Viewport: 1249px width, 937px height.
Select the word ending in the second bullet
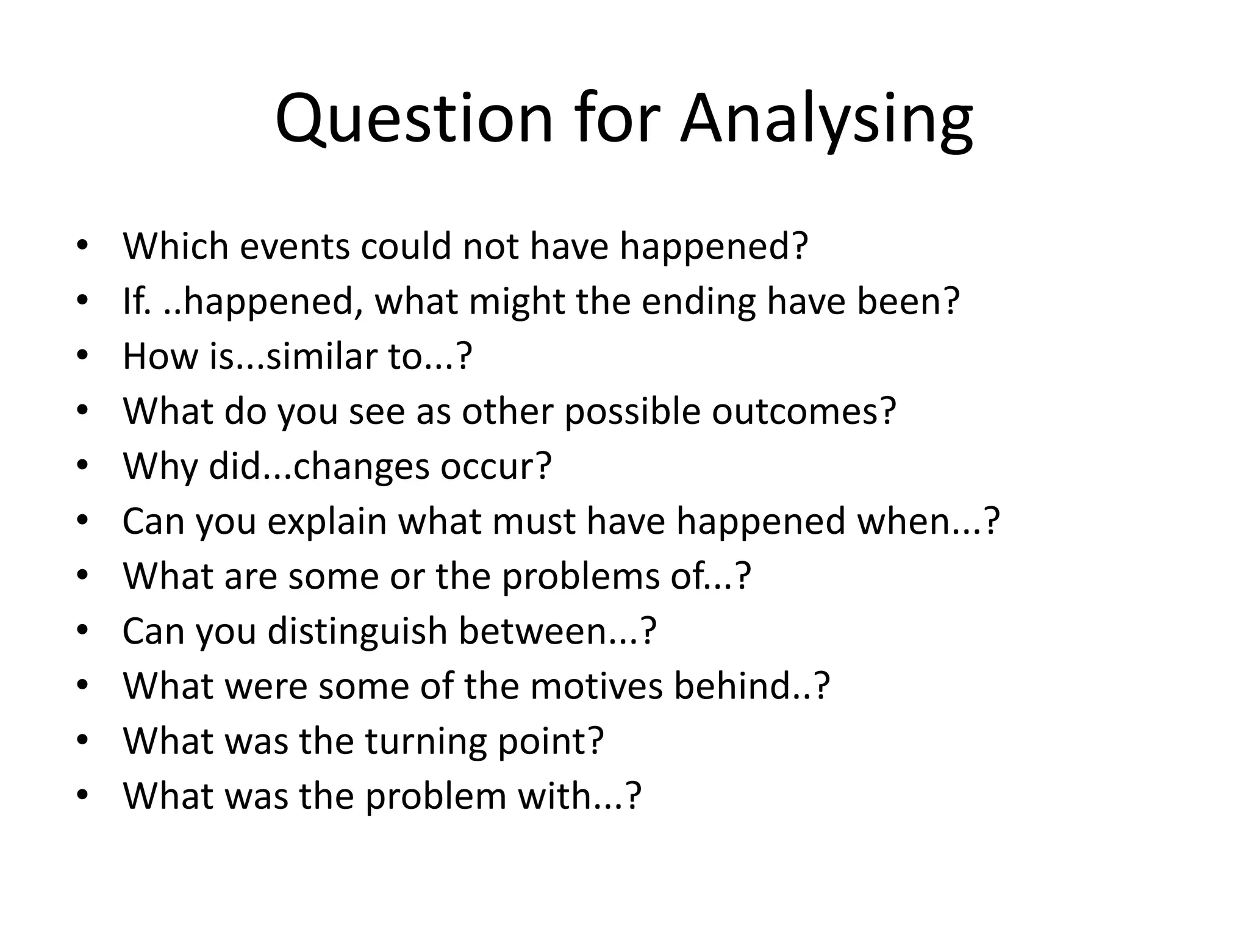(698, 301)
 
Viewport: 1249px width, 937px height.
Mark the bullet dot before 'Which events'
(83, 246)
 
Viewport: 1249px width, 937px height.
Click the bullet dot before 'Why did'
(83, 466)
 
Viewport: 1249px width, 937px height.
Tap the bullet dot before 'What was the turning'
(83, 741)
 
